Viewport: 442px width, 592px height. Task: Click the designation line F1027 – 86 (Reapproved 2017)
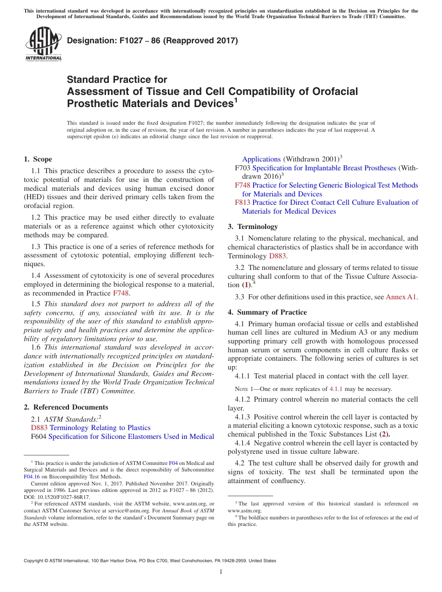[152, 41]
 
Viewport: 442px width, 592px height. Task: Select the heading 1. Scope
[38, 159]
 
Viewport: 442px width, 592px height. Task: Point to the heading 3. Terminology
[253, 227]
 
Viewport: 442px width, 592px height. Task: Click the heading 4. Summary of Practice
[267, 312]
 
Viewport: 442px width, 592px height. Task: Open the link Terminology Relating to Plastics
[100, 428]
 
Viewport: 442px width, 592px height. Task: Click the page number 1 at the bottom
[221, 572]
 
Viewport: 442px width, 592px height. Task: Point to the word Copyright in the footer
[33, 561]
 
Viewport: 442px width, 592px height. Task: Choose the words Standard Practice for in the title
[117, 80]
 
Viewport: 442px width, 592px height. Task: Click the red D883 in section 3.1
[275, 256]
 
